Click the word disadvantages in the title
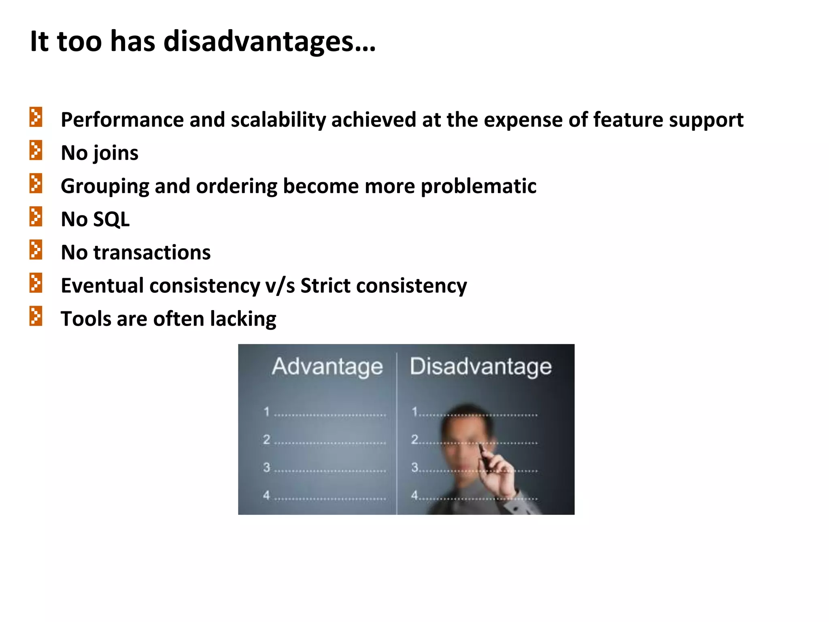(269, 42)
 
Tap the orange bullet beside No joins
(36, 150)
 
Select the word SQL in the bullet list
(111, 219)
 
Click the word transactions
(152, 253)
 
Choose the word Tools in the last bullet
(86, 319)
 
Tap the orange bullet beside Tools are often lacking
(36, 316)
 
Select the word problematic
(478, 187)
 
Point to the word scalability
(278, 120)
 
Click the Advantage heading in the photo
(327, 366)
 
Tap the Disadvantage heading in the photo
(480, 366)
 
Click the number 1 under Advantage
(266, 412)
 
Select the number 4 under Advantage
(266, 495)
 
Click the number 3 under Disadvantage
(414, 467)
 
